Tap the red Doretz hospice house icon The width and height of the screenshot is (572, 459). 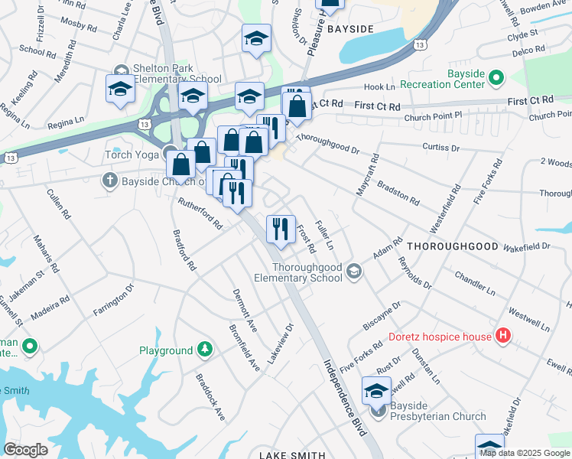[x=502, y=336]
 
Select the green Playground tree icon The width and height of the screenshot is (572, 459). [x=204, y=350]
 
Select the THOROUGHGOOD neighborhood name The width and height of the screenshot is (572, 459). [x=452, y=247]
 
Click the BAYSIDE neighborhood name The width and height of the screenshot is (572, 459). [x=350, y=29]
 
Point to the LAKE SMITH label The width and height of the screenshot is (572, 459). [x=291, y=455]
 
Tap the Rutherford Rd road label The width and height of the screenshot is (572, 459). [x=200, y=214]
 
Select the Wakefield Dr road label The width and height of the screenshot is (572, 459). [x=526, y=246]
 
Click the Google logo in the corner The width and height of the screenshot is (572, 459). [x=25, y=450]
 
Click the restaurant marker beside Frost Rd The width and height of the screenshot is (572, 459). [x=281, y=229]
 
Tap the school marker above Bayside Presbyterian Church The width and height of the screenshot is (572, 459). [x=376, y=392]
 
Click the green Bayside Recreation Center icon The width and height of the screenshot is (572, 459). [x=496, y=77]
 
